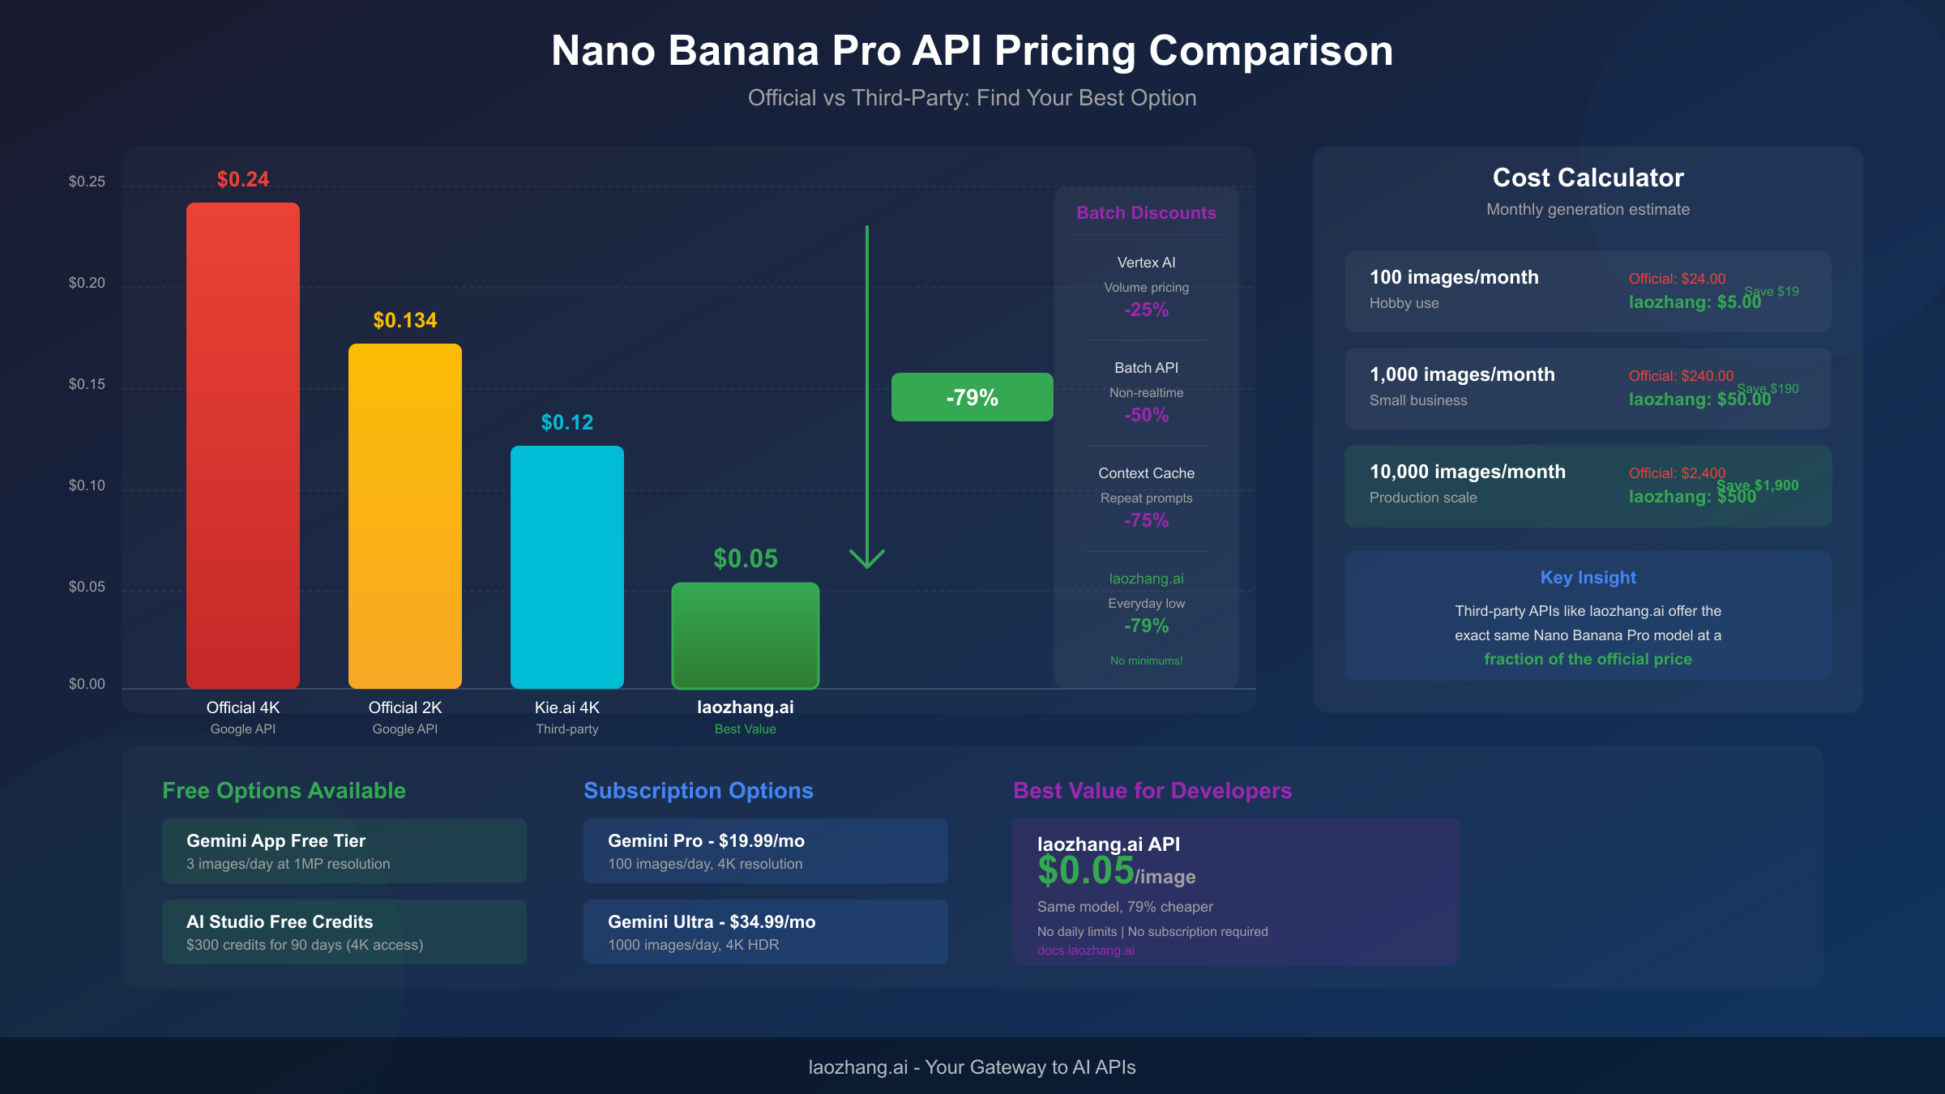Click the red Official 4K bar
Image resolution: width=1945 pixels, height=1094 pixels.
tap(243, 446)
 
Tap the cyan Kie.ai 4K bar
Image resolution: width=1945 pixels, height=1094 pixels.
tap(567, 567)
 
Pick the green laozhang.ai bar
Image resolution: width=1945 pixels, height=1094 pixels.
tap(746, 636)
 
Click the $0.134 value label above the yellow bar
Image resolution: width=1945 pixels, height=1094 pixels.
tap(405, 320)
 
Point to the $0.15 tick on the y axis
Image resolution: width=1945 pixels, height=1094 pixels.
tap(87, 384)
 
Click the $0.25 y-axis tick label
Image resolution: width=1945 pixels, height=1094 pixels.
tap(87, 182)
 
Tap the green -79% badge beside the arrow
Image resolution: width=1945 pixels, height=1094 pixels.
tap(972, 397)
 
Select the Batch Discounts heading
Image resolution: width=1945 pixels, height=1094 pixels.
tap(1146, 213)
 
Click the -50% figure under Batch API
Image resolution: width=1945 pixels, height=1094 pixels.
tap(1146, 415)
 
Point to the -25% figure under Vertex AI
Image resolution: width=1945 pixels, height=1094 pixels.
tap(1146, 310)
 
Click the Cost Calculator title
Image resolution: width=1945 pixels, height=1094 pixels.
tap(1588, 177)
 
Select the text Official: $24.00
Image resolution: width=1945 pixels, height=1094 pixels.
tap(1677, 279)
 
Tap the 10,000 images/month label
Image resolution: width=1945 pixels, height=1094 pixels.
tap(1467, 472)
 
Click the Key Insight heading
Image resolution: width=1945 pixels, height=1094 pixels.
tap(1588, 578)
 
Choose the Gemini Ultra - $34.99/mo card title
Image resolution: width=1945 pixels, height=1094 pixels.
tap(712, 922)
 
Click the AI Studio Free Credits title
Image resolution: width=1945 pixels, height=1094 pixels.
tap(280, 922)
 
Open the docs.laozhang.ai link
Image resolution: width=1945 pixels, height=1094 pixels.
tap(1085, 951)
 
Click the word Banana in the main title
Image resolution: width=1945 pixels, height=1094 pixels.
tap(744, 51)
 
